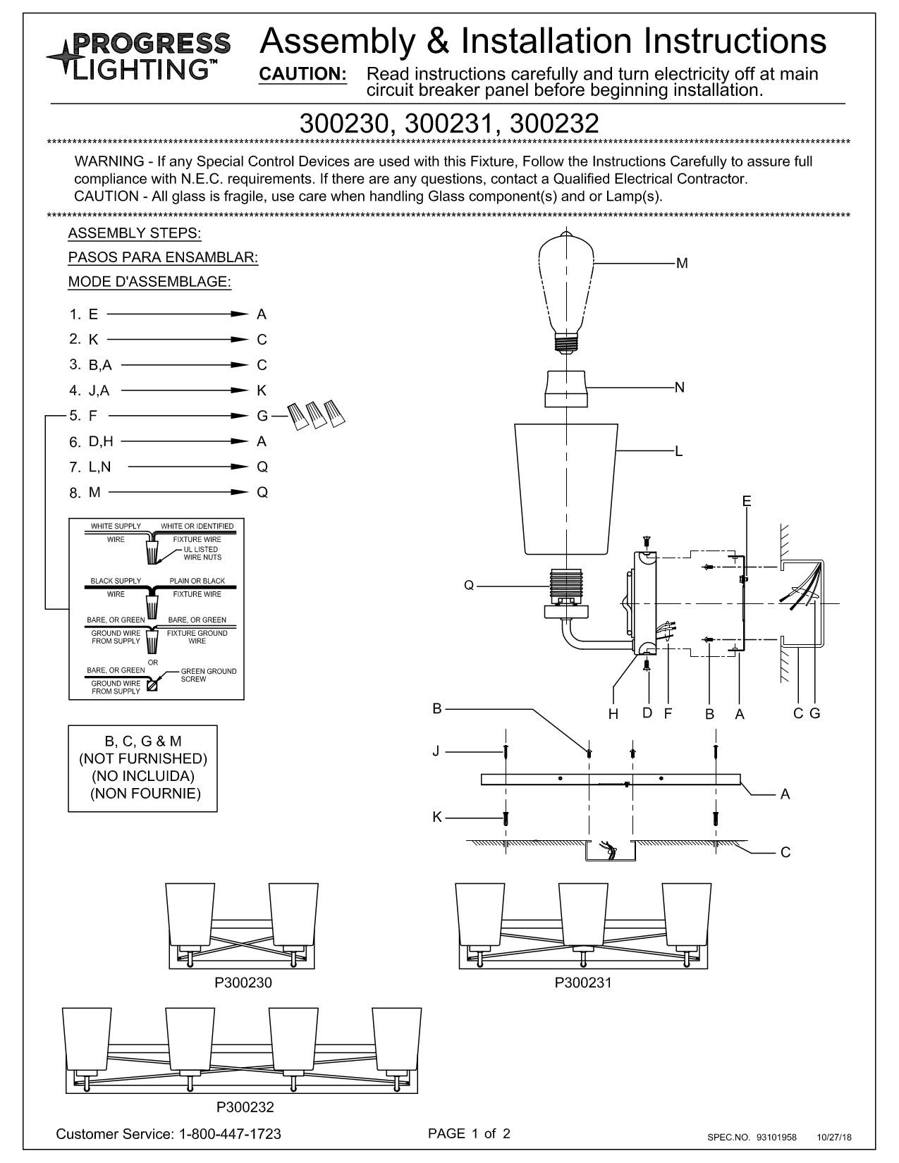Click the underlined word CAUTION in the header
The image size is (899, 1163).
coord(303,75)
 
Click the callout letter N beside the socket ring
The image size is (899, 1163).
coord(680,388)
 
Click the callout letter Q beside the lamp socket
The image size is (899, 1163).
coord(469,585)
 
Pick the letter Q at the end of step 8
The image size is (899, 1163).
coord(262,493)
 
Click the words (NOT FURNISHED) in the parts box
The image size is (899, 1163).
coord(143,758)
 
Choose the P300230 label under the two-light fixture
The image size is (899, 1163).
coord(243,983)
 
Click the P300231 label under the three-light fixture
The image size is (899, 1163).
coord(583,983)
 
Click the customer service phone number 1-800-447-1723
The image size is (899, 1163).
coord(230,1134)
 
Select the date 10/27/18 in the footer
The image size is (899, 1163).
coord(835,1137)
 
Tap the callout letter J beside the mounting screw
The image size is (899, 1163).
coord(436,751)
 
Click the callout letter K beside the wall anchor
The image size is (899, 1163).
coord(436,817)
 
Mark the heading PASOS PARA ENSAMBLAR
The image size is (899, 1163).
coord(163,258)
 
